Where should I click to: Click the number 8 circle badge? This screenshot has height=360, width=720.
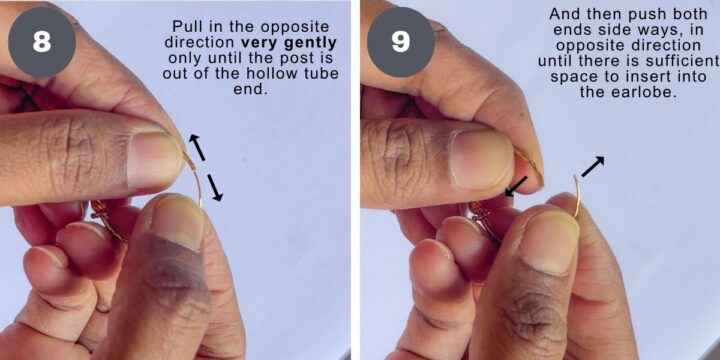pos(42,43)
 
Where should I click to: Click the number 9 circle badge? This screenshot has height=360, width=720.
pos(400,43)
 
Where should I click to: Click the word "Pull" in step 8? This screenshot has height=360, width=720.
pos(187,25)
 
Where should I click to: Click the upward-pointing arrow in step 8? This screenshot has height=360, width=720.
pos(197,148)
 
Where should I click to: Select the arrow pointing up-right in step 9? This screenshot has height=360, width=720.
pos(592,167)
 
